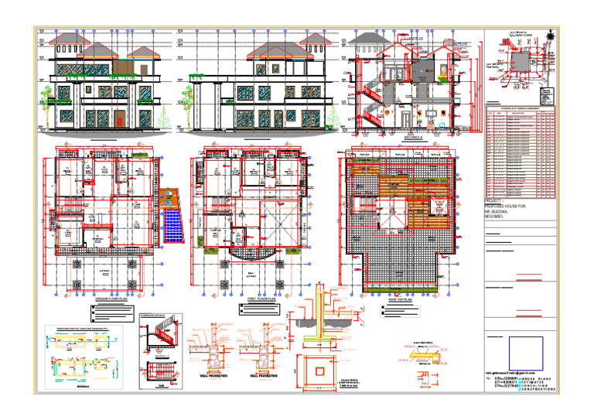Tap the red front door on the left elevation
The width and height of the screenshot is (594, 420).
tap(120, 119)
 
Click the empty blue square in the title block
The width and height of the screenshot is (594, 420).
tap(525, 353)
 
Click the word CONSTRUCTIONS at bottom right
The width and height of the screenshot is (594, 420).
tap(537, 388)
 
